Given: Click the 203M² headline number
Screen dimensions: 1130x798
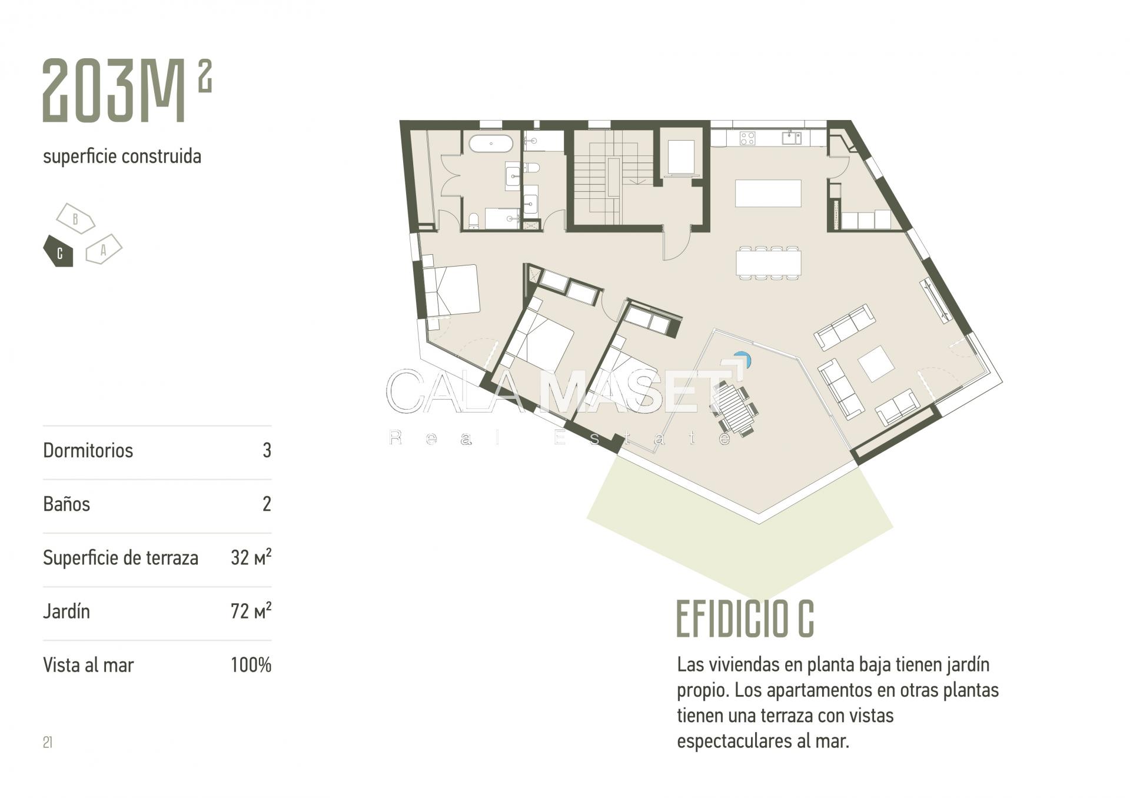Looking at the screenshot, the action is [x=127, y=90].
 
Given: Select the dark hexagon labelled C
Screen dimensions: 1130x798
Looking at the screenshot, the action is [x=58, y=252].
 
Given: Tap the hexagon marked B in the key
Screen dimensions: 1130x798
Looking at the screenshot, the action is [x=75, y=218].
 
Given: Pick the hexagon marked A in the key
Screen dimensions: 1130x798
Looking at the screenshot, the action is [x=104, y=250].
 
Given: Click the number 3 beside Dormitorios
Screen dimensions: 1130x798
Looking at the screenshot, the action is [x=267, y=450].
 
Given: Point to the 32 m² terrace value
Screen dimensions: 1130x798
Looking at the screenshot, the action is [x=251, y=557].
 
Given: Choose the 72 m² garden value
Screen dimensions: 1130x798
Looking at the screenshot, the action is [x=251, y=611].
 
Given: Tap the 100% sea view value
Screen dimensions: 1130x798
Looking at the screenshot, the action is [x=251, y=665].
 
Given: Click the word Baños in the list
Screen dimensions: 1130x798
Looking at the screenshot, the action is [x=67, y=504].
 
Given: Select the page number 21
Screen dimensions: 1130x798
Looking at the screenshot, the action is [x=48, y=742].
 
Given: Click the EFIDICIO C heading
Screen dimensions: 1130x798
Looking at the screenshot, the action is [x=745, y=619].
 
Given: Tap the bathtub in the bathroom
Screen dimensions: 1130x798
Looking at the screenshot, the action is [x=491, y=143].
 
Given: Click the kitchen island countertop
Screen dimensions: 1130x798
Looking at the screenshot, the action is [x=768, y=193].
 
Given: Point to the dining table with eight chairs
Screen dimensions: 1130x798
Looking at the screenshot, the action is [x=768, y=262].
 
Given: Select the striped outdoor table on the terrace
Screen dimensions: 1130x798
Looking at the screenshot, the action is [x=734, y=408].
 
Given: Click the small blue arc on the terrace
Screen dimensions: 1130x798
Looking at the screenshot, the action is [x=744, y=358].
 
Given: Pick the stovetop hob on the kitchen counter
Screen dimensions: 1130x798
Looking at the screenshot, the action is [x=747, y=138].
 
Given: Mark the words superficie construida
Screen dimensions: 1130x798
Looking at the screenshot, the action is [x=122, y=157].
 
